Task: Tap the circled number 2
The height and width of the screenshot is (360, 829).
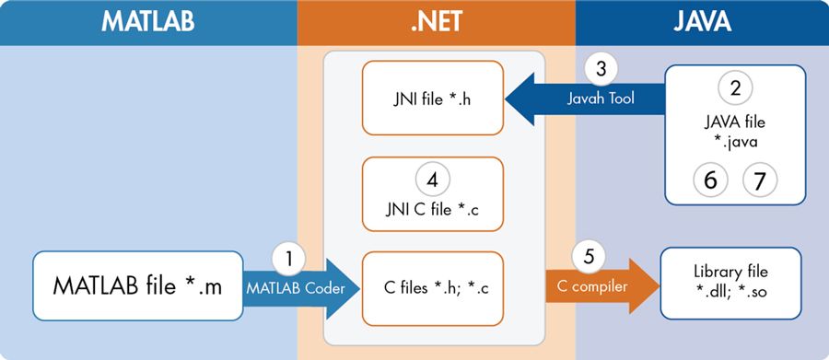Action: tap(735, 88)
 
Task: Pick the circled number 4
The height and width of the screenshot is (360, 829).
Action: tap(434, 176)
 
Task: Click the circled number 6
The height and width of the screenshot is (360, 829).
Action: tap(710, 180)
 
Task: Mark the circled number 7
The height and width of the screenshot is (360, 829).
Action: tap(759, 180)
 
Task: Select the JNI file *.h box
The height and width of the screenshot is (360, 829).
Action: tap(434, 98)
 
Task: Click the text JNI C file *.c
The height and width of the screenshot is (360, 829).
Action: tap(434, 208)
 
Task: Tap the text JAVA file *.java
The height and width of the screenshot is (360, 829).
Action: tap(735, 129)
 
